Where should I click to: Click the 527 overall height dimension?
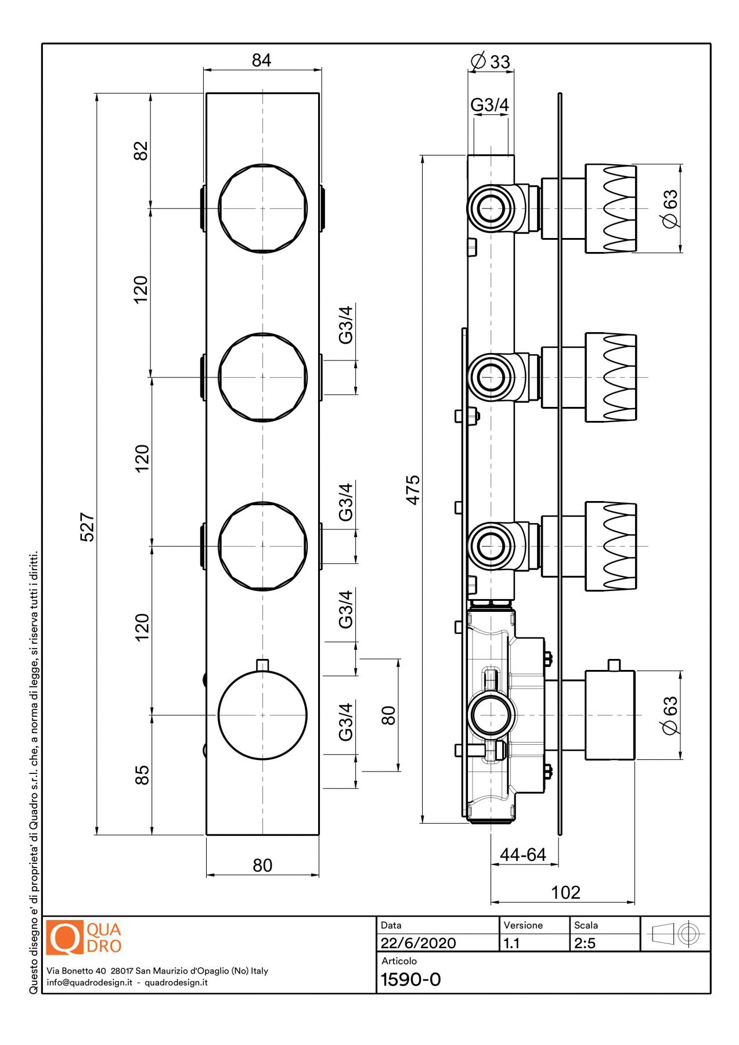pyautogui.click(x=87, y=527)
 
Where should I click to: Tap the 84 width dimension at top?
pyautogui.click(x=261, y=60)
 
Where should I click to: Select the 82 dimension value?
pyautogui.click(x=141, y=151)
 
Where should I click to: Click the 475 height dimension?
pyautogui.click(x=413, y=490)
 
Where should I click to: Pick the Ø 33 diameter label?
pyautogui.click(x=491, y=61)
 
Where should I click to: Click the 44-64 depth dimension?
pyautogui.click(x=523, y=855)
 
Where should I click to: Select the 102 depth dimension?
pyautogui.click(x=565, y=892)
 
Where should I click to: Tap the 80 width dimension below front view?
pyautogui.click(x=262, y=866)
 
